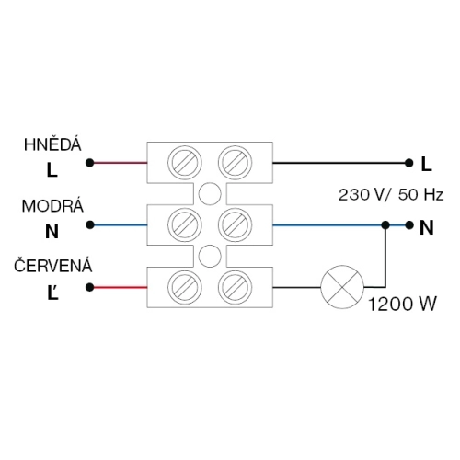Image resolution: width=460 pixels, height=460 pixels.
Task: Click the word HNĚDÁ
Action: (x=52, y=144)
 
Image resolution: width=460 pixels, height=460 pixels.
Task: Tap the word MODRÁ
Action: (x=52, y=206)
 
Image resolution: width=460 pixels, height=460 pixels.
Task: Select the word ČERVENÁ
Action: (x=52, y=266)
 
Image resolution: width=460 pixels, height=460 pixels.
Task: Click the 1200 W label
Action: (x=402, y=305)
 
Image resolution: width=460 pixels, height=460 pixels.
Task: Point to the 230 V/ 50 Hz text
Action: (x=391, y=195)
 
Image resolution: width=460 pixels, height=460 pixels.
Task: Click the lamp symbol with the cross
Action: (x=342, y=287)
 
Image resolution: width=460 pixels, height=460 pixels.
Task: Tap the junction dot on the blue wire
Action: (x=385, y=225)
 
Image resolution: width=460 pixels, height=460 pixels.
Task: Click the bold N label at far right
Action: (x=427, y=228)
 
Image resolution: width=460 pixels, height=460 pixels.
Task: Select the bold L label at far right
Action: (x=427, y=164)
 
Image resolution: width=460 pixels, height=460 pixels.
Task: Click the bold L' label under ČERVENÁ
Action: (x=52, y=293)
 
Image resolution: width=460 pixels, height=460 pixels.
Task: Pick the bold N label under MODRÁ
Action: (x=52, y=231)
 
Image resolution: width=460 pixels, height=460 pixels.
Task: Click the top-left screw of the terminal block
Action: (x=185, y=163)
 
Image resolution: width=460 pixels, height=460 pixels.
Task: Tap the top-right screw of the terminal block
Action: (x=235, y=163)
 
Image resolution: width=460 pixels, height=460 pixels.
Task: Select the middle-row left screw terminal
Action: (x=185, y=224)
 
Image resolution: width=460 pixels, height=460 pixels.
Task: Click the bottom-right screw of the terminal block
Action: (x=235, y=287)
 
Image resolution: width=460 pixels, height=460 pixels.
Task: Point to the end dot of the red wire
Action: (x=89, y=287)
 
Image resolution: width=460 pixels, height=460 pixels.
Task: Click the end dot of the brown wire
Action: (x=89, y=163)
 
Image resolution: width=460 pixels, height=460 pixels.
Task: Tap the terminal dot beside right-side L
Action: (x=408, y=163)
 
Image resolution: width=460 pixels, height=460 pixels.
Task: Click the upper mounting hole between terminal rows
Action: (x=210, y=194)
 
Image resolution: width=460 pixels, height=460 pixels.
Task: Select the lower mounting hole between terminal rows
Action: (x=210, y=256)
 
